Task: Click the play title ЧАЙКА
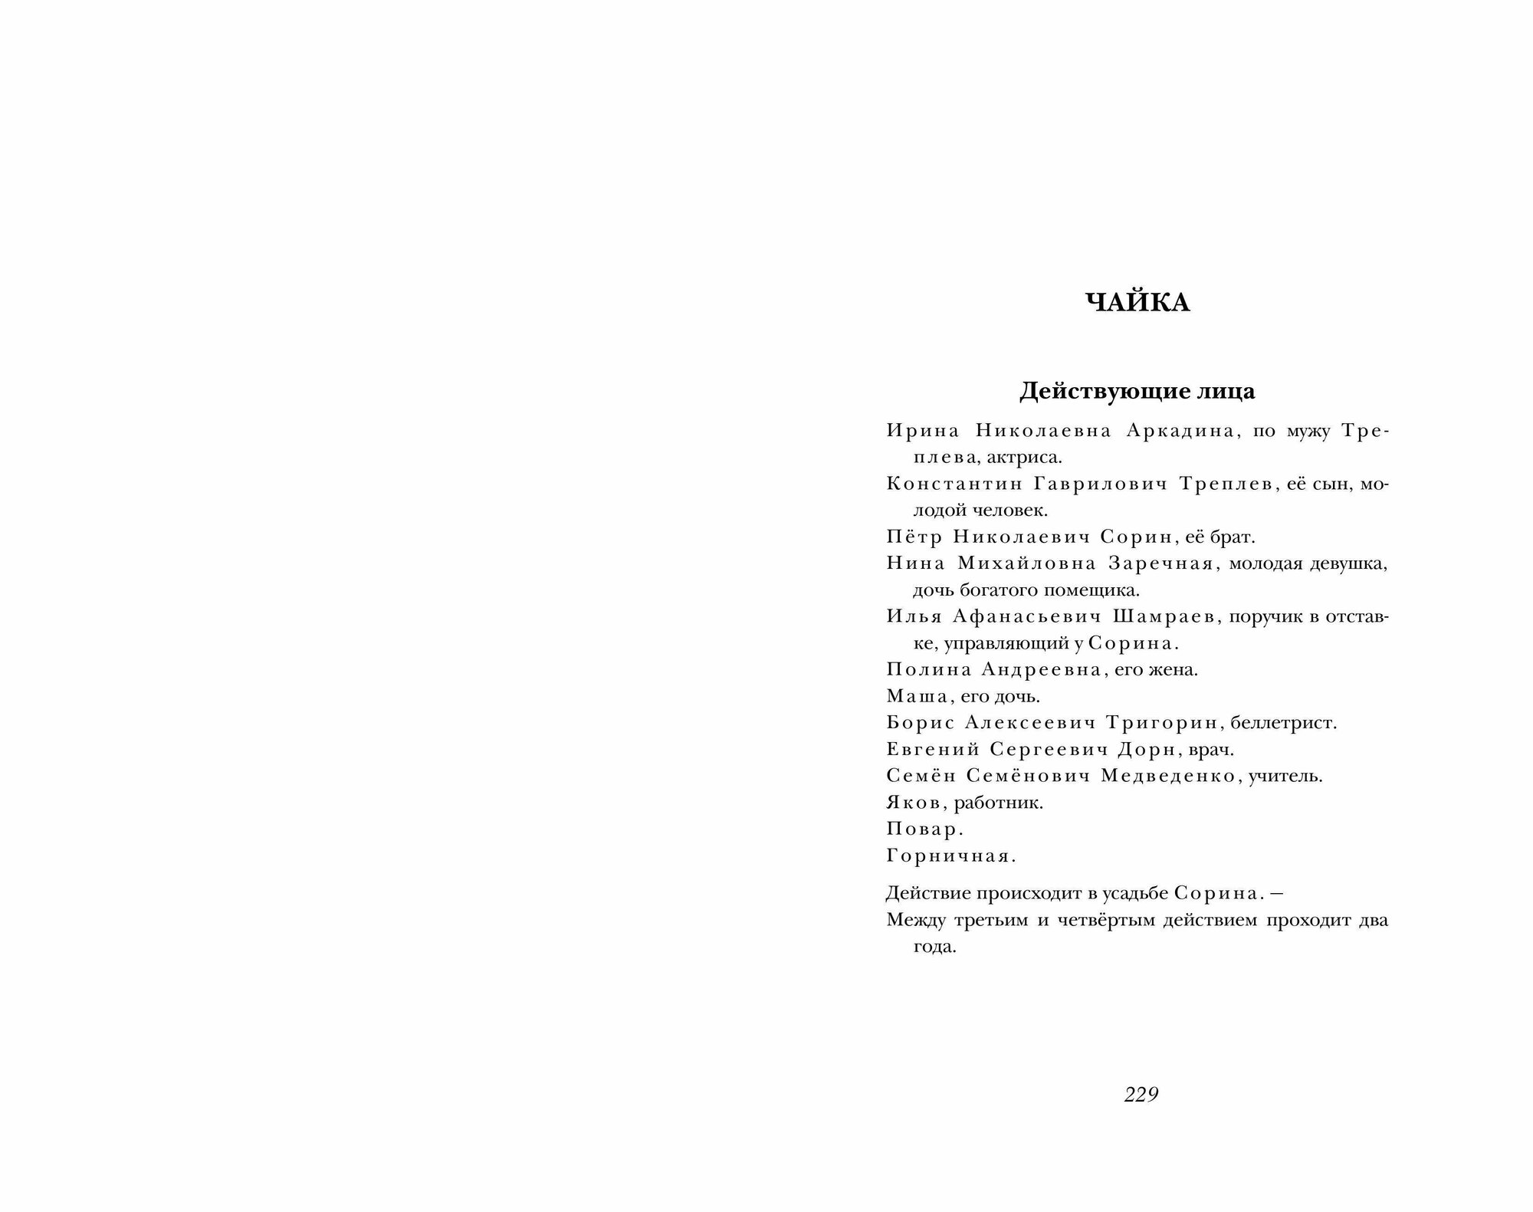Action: [x=1137, y=304]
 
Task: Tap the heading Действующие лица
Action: [x=1137, y=392]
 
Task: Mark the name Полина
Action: [x=929, y=669]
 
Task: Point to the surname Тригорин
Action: [x=1167, y=723]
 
